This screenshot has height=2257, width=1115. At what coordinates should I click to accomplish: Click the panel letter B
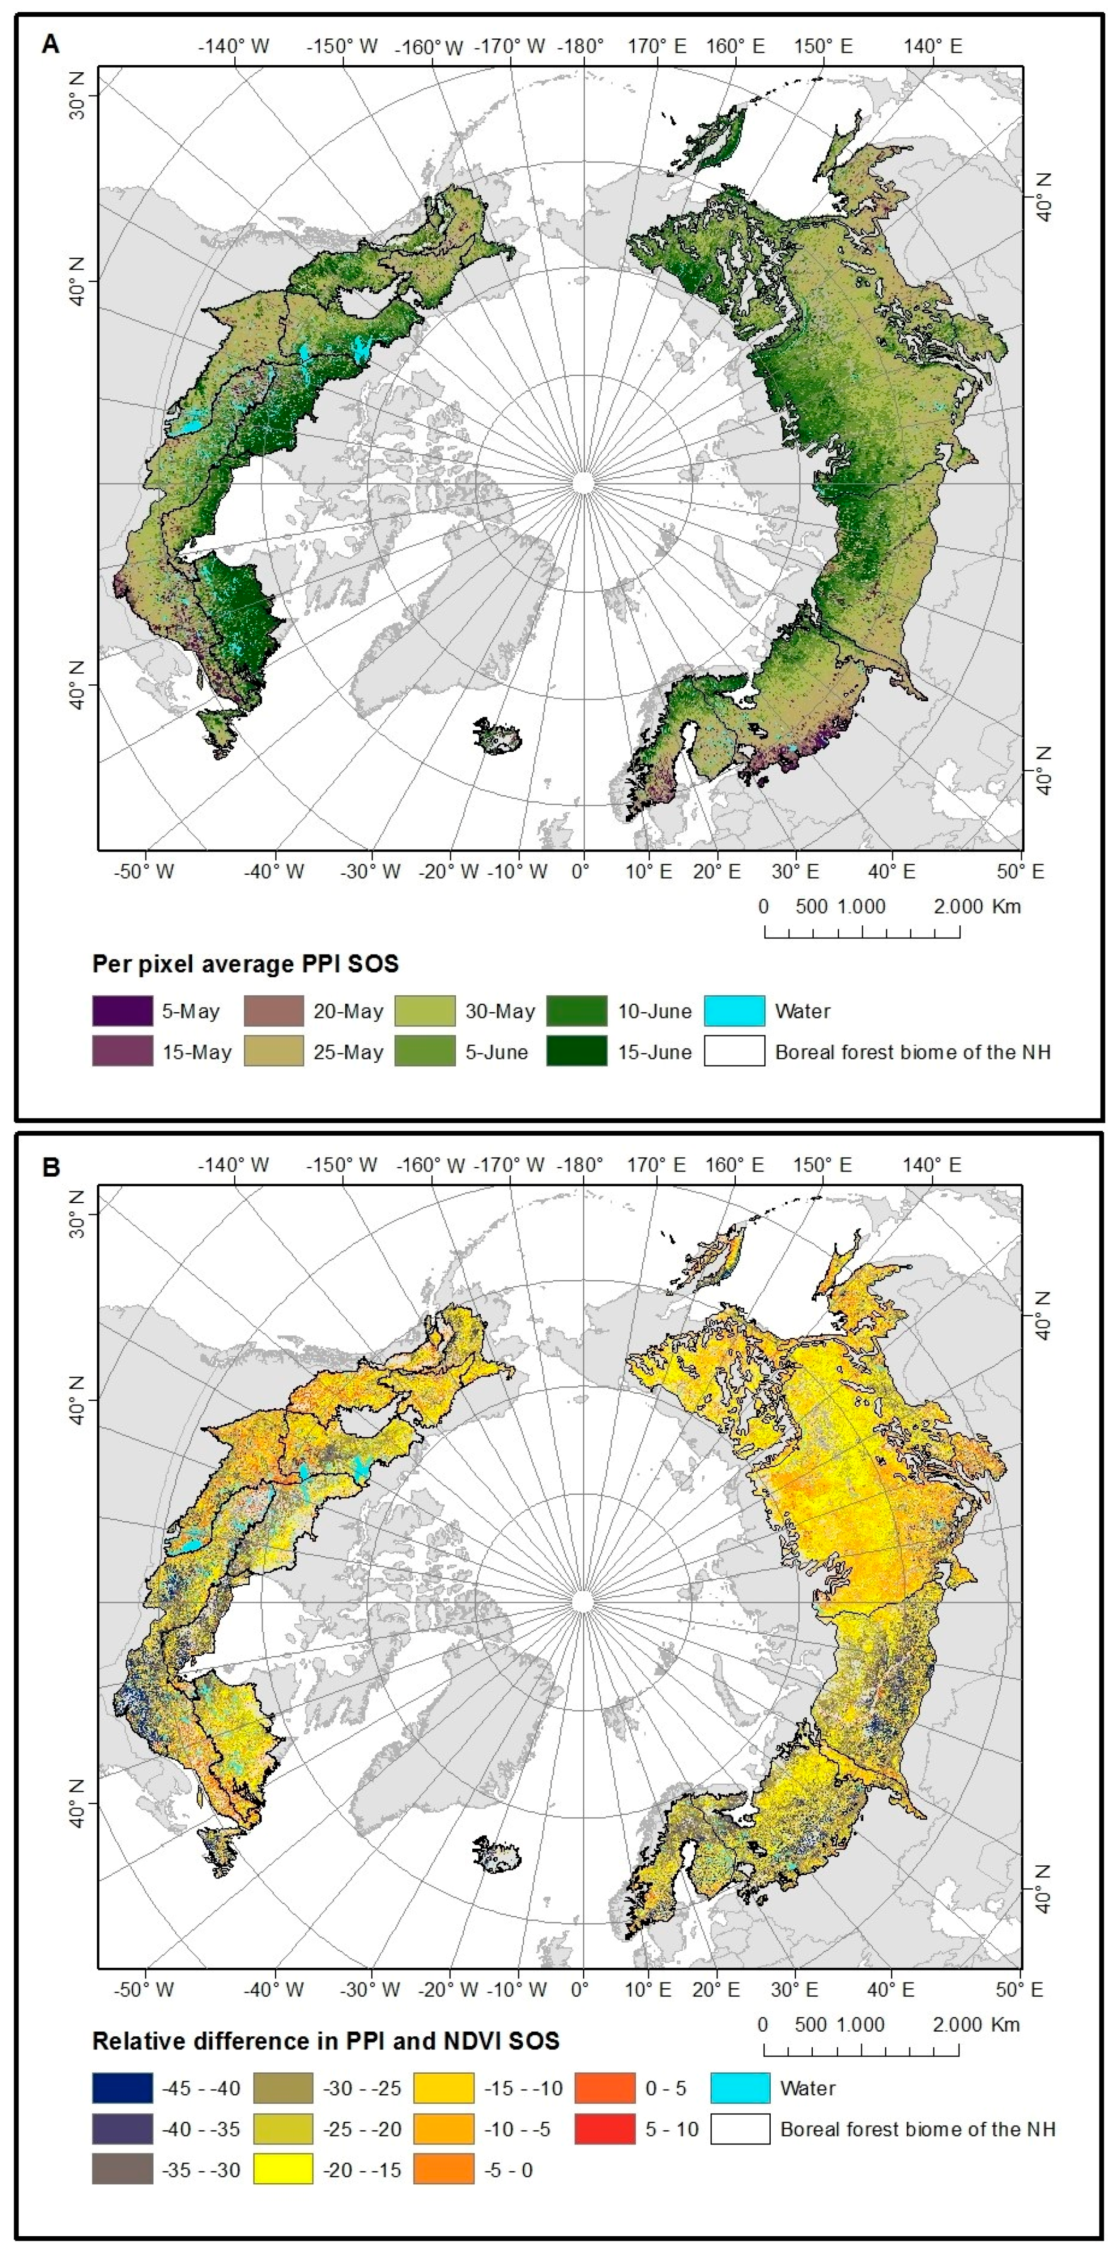pos(51,1168)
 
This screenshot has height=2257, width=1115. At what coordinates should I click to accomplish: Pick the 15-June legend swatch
pos(576,1051)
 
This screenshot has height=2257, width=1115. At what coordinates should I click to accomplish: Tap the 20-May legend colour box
pos(273,1010)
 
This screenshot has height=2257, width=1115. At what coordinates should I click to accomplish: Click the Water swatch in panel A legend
pos(734,1010)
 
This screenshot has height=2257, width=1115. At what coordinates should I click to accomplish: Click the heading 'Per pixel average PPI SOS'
pos(245,964)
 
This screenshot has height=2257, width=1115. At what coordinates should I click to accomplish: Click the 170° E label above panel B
pos(657,1165)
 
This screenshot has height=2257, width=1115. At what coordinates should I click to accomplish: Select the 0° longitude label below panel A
pos(580,872)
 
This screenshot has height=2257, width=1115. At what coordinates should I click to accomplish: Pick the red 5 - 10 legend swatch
pos(604,2129)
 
